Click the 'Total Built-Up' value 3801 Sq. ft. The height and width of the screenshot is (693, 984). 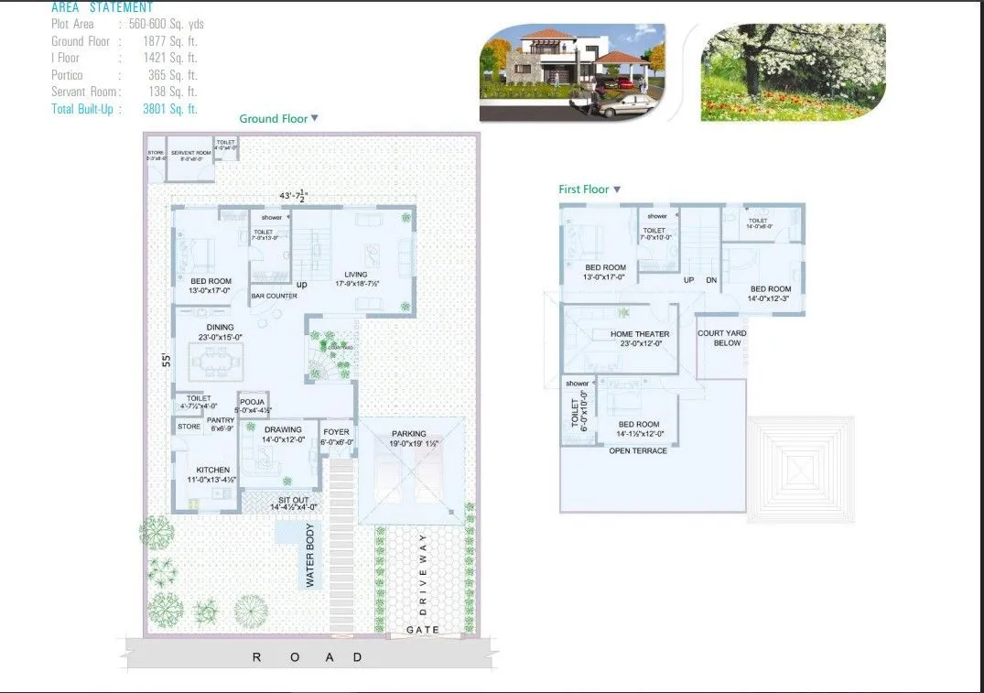tap(170, 109)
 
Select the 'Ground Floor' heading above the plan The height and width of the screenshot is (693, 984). tap(273, 119)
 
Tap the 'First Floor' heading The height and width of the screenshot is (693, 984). tap(584, 189)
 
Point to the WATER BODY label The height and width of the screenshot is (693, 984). tap(310, 556)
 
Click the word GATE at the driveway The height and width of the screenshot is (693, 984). tap(423, 630)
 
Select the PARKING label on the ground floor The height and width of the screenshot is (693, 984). tap(409, 434)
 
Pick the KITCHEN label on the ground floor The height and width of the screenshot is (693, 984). tap(212, 471)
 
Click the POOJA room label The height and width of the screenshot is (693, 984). tap(252, 402)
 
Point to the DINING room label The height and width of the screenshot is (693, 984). tap(220, 327)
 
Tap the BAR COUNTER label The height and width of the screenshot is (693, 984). tap(274, 297)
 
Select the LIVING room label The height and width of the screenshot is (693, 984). tap(355, 275)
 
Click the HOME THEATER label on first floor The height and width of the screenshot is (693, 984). tap(640, 334)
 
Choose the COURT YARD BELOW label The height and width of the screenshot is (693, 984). tap(720, 338)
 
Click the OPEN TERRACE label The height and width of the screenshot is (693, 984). tap(638, 450)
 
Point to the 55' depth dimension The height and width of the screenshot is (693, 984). tap(166, 360)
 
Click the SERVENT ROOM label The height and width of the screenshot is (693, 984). tap(190, 153)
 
